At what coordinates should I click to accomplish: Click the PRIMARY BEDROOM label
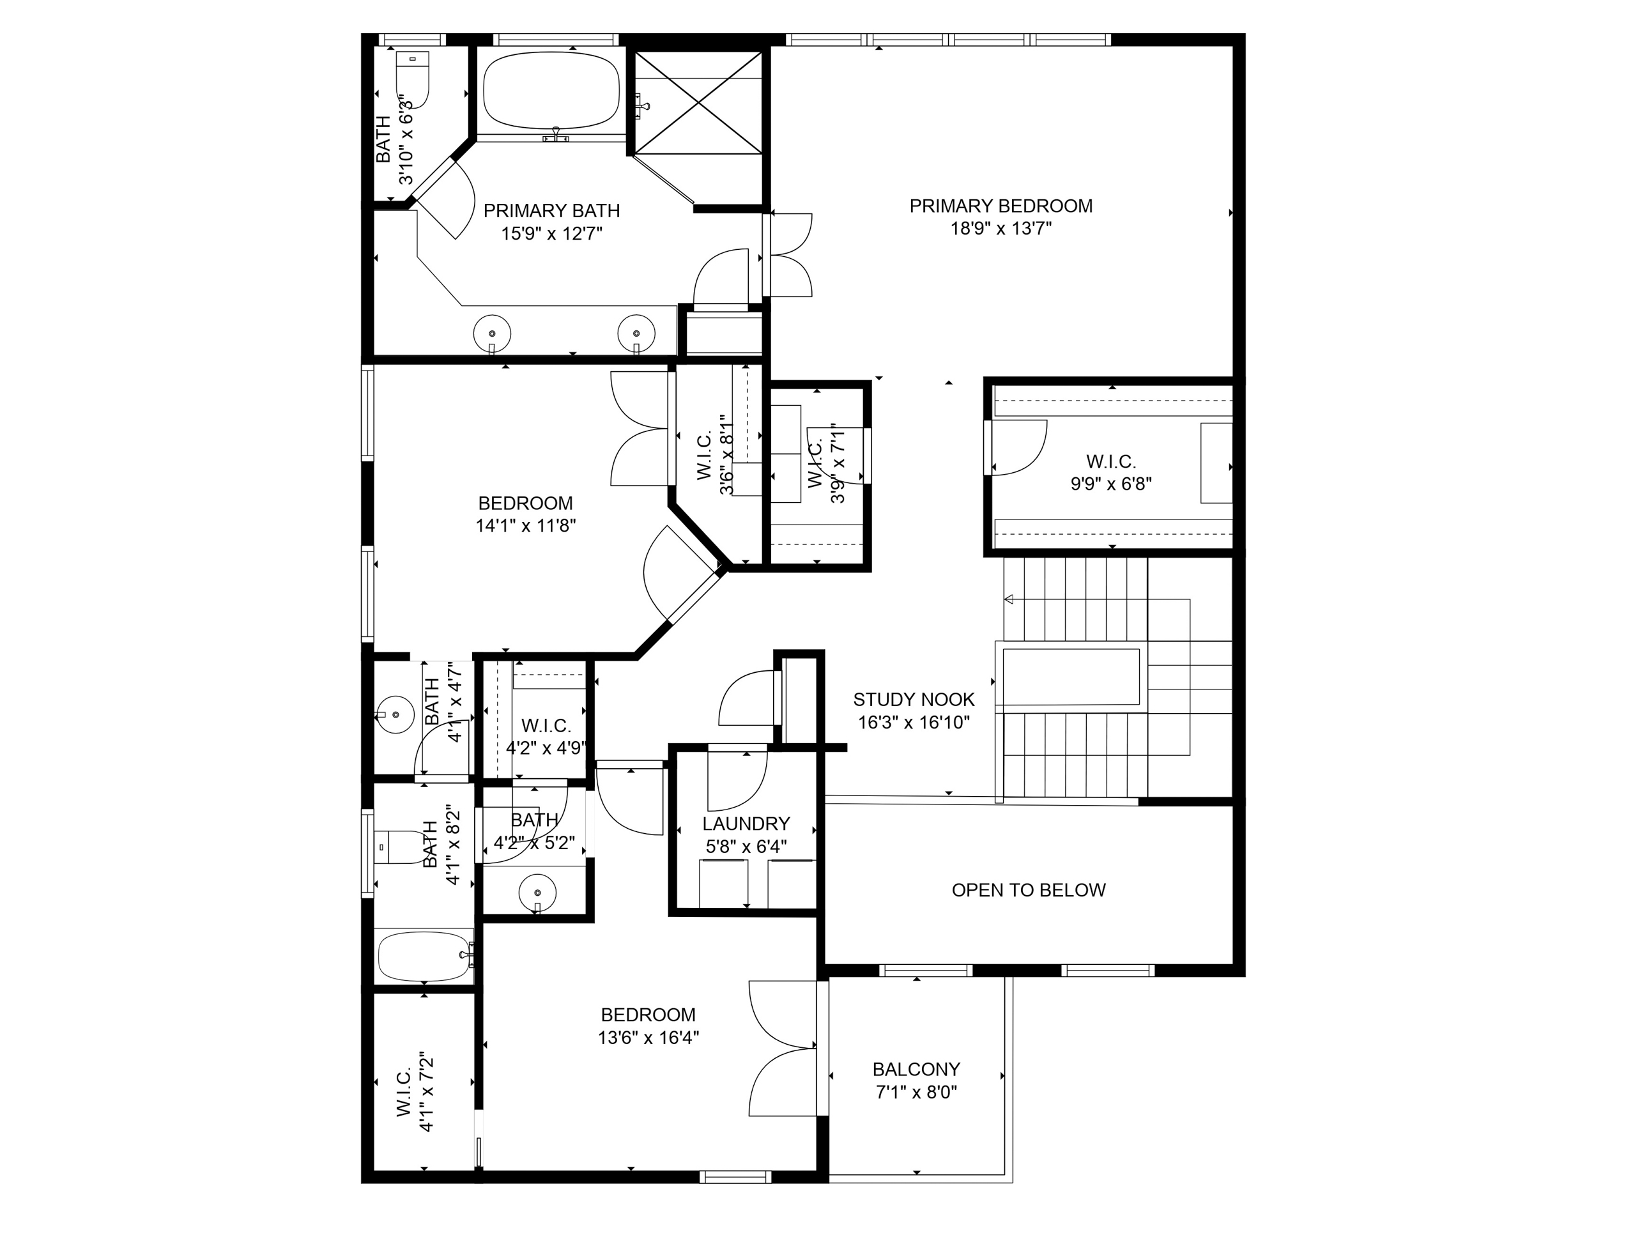click(x=1001, y=206)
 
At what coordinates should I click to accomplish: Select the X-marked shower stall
click(x=698, y=103)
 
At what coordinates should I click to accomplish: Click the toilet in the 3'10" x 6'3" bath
click(x=412, y=80)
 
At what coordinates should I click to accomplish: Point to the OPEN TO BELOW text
click(x=1029, y=889)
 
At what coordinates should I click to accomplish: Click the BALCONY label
click(x=916, y=1069)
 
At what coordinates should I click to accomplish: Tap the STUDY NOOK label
click(x=914, y=700)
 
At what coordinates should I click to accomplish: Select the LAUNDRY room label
click(x=746, y=823)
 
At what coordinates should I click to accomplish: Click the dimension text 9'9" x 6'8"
click(x=1111, y=484)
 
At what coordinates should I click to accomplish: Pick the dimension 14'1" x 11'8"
click(x=526, y=526)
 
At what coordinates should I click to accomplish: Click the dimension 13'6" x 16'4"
click(x=648, y=1037)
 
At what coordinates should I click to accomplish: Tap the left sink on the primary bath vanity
click(x=492, y=334)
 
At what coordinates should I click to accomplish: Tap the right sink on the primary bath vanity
click(x=636, y=334)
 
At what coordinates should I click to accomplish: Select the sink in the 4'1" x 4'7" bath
click(x=394, y=715)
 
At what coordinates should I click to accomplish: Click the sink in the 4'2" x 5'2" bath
click(x=537, y=892)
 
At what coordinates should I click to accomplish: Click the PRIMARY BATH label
click(x=551, y=211)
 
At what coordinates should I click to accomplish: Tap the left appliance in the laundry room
click(x=723, y=884)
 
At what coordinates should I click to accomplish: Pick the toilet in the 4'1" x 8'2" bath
click(x=399, y=847)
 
